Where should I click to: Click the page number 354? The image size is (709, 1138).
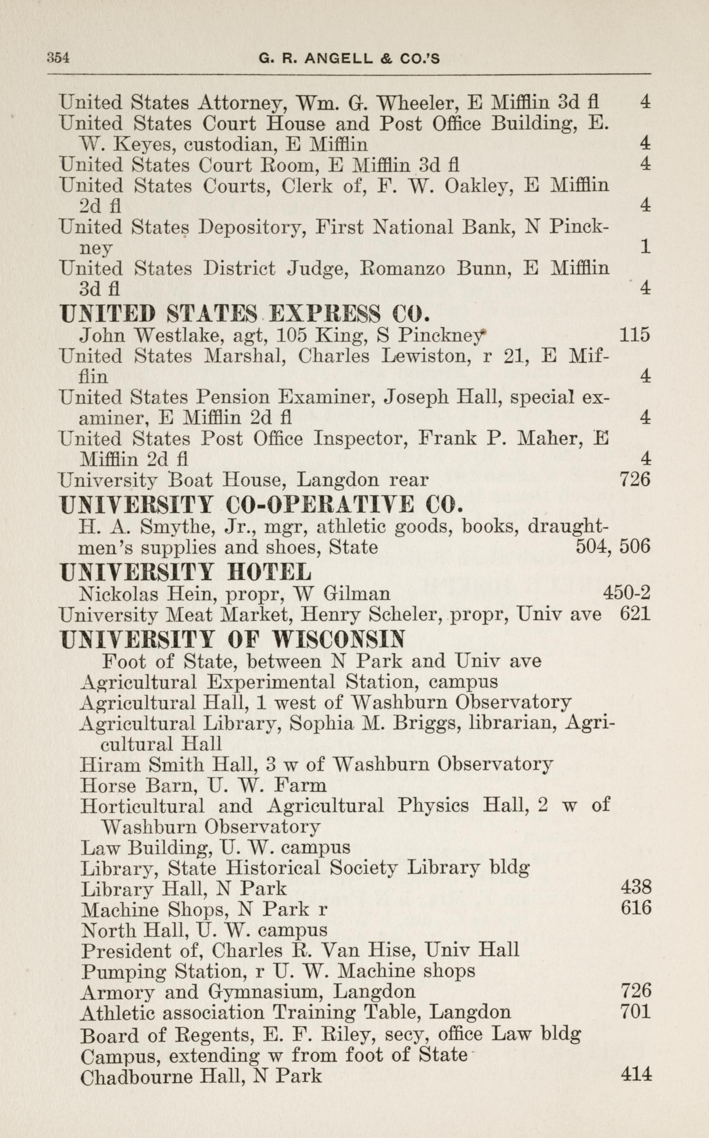(x=58, y=58)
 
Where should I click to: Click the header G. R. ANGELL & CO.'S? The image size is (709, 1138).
(x=349, y=58)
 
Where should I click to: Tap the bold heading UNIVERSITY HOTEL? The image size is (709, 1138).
(x=185, y=572)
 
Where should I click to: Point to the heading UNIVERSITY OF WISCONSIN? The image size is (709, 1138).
(x=233, y=639)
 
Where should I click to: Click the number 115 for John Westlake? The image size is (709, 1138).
(x=635, y=335)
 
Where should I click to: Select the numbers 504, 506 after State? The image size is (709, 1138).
(x=613, y=547)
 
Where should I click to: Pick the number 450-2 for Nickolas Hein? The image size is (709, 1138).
(x=627, y=594)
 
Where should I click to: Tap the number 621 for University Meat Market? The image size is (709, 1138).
(x=635, y=614)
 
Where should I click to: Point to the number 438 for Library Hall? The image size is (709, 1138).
(x=636, y=886)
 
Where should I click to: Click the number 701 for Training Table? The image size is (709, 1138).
(x=636, y=1010)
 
